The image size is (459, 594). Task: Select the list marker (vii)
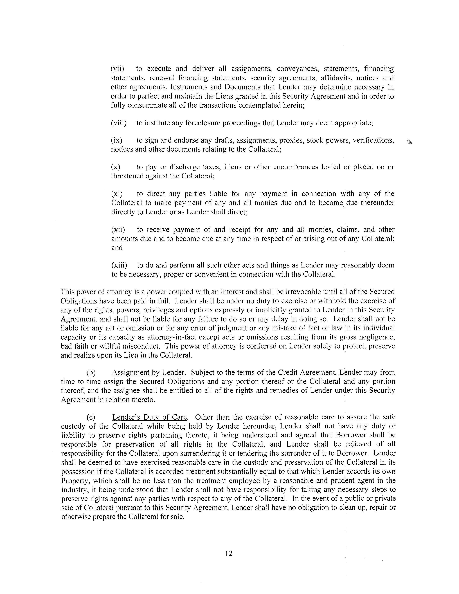pos(117,69)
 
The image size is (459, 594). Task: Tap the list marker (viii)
pos(119,123)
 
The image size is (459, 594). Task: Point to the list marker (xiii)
pos(119,265)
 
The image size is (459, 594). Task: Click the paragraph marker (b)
pos(91,373)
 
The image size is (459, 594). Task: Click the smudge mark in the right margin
pos(409,141)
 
